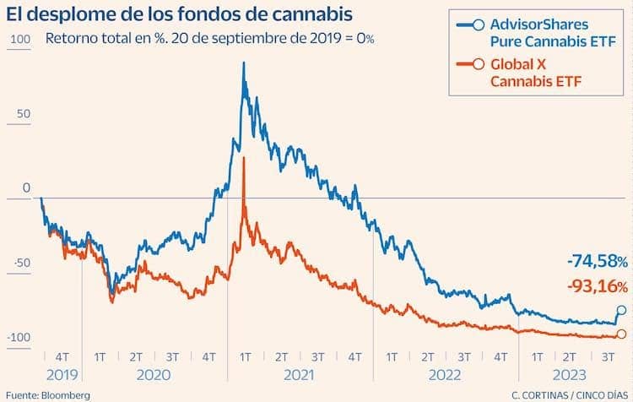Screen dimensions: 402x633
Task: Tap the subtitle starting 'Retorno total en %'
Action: (x=210, y=39)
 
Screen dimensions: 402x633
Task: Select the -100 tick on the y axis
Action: (x=19, y=338)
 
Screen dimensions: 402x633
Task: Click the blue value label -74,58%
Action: (x=596, y=260)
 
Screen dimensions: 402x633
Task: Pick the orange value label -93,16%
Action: (x=596, y=286)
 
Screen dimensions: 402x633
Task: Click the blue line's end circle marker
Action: (x=622, y=311)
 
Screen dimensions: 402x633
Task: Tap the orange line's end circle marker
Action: (x=622, y=334)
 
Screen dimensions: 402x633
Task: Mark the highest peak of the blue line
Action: (x=243, y=62)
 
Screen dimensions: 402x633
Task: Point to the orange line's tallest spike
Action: (x=243, y=158)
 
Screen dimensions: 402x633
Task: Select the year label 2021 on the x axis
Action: (x=299, y=374)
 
